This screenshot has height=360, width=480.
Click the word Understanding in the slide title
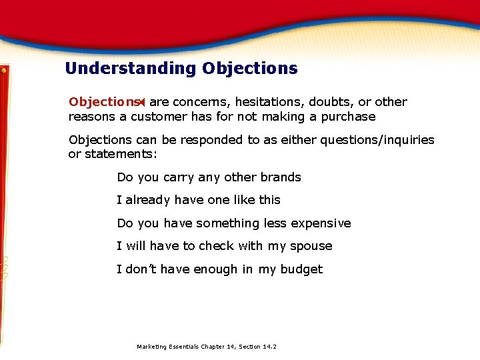tap(131, 69)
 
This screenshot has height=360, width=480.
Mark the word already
tap(149, 200)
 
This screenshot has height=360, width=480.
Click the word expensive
tap(319, 223)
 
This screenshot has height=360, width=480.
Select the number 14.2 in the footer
tap(269, 347)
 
